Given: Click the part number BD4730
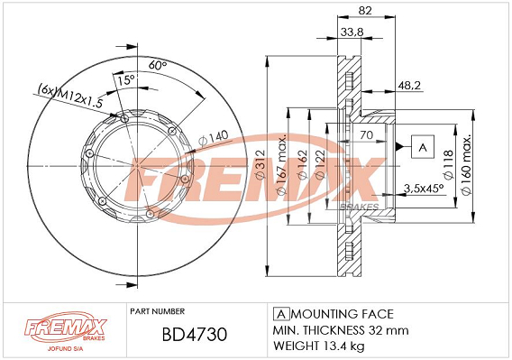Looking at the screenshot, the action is (195, 334).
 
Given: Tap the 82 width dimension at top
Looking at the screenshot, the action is (365, 11).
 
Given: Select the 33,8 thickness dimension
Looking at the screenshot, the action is (352, 32).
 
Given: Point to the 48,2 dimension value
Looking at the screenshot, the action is (409, 86).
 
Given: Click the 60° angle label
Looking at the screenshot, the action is (158, 65).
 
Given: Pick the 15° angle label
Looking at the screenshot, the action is (126, 79).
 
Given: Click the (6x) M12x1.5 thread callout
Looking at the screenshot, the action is (70, 96).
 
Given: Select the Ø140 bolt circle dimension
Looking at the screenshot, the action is (214, 138).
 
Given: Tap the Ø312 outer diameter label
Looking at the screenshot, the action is (261, 164).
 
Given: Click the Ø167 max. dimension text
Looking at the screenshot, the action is (281, 164).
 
